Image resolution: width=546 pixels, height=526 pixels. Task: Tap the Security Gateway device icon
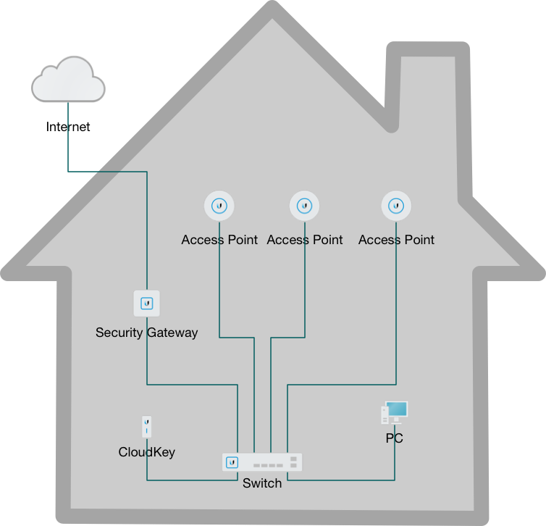[x=147, y=303]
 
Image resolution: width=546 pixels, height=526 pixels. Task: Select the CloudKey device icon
[x=146, y=427]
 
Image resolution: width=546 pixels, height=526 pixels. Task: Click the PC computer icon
[x=394, y=414]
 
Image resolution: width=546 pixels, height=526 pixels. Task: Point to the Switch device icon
[x=261, y=462]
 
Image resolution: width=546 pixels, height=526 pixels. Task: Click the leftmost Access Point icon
[x=219, y=206]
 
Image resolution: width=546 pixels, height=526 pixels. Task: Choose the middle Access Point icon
[x=305, y=206]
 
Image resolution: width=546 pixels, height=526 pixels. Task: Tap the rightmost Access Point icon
[x=396, y=206]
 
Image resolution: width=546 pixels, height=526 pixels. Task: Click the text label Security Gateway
[x=146, y=333]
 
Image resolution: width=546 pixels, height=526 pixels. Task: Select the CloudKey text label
[x=146, y=452]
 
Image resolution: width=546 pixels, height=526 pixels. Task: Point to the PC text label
[x=394, y=438]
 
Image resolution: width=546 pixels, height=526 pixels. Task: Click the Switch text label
[x=261, y=483]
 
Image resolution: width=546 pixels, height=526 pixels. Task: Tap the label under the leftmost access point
[x=219, y=239]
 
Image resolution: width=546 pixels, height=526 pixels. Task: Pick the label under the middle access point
[x=305, y=239]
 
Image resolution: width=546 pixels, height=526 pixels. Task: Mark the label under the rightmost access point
[x=396, y=239]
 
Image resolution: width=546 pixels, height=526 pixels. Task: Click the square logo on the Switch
[x=232, y=462]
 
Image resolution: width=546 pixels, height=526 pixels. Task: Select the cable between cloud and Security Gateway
[x=109, y=172]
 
